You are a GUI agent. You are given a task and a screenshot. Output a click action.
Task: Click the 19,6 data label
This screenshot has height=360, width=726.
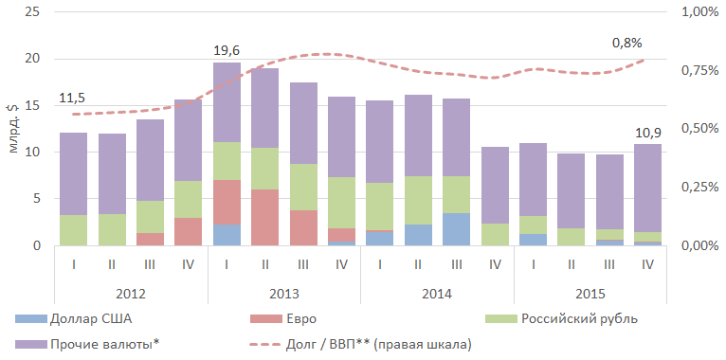click(227, 50)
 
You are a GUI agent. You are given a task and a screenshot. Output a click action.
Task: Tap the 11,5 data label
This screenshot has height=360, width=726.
click(73, 99)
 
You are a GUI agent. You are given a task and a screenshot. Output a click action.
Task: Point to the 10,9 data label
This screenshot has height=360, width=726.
click(647, 133)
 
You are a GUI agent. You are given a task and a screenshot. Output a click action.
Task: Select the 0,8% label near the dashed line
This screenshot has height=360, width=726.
click(626, 43)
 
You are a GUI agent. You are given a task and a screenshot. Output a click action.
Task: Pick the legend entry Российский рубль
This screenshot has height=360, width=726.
click(561, 319)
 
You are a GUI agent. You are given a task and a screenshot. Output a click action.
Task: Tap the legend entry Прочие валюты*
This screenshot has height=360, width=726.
click(89, 344)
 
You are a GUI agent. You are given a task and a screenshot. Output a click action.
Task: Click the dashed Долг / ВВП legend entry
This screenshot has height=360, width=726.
click(362, 344)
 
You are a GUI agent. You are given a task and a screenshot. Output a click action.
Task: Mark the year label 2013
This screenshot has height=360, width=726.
click(283, 294)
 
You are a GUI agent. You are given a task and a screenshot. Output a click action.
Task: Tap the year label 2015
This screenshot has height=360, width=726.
click(590, 294)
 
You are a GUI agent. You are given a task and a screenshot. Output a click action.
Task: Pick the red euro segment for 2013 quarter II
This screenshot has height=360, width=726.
click(265, 217)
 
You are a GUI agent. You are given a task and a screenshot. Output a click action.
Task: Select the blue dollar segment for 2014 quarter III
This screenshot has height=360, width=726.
click(457, 229)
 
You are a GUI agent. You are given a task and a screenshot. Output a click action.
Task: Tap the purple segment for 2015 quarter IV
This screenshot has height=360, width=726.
click(647, 188)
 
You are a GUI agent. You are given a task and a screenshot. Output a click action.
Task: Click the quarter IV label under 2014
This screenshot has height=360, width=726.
click(495, 264)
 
